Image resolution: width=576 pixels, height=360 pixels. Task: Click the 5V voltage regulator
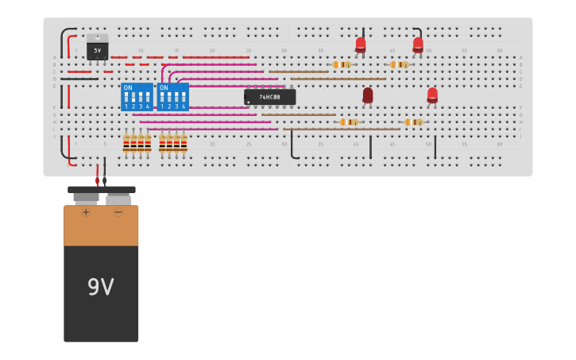click(98, 48)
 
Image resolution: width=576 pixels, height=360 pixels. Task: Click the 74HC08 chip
click(269, 97)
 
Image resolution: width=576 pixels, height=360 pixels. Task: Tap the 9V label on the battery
click(101, 287)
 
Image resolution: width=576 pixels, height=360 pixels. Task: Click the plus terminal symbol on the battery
click(86, 212)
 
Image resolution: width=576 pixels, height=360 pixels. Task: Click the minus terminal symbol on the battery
click(118, 212)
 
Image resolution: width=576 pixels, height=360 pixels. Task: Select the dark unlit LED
click(368, 95)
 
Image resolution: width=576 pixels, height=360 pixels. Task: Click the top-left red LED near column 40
click(361, 45)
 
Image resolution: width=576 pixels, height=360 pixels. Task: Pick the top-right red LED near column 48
click(418, 45)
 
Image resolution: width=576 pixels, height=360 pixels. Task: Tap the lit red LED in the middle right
click(432, 95)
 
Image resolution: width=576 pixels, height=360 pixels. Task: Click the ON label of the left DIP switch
click(128, 87)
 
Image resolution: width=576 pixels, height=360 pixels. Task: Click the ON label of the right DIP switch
click(164, 87)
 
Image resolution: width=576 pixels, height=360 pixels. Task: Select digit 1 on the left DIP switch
click(126, 106)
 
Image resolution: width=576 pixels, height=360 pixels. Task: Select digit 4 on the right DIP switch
click(184, 106)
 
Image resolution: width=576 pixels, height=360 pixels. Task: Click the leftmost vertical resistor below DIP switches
click(126, 143)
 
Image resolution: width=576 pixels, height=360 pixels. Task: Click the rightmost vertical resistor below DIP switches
click(184, 143)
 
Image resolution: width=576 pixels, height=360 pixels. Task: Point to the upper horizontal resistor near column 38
click(342, 64)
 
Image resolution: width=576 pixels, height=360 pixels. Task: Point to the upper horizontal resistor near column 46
click(399, 64)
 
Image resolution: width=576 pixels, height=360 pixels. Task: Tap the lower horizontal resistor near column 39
click(348, 122)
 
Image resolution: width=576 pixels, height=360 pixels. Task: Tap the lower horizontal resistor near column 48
click(413, 122)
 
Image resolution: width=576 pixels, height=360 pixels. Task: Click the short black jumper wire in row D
click(79, 79)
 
